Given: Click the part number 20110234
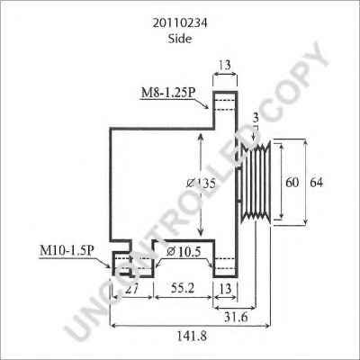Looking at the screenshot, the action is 180,23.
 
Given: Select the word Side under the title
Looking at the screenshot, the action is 180,39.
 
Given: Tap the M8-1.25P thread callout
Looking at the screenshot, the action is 168,93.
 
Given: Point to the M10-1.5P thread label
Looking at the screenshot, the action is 66,251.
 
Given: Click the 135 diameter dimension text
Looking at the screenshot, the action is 201,183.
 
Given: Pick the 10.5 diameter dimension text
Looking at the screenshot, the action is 184,252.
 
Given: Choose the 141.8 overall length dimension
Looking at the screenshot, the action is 191,336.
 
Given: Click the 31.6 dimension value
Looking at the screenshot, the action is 236,317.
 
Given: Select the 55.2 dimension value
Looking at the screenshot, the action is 183,288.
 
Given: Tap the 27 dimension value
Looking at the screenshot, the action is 131,289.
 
